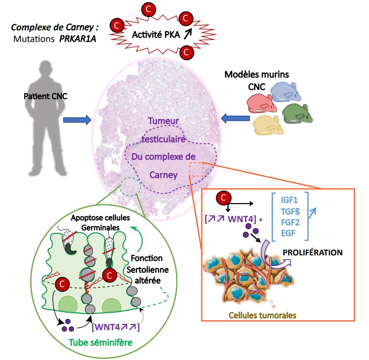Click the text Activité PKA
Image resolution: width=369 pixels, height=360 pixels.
click(x=153, y=35)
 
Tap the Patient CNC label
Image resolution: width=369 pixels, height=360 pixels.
click(x=46, y=97)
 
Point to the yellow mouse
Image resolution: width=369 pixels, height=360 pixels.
click(x=269, y=125)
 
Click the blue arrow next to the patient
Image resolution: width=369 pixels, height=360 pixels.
click(x=77, y=120)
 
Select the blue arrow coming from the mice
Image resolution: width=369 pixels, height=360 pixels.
click(x=235, y=119)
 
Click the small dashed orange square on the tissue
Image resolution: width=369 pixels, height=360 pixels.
click(x=195, y=169)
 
